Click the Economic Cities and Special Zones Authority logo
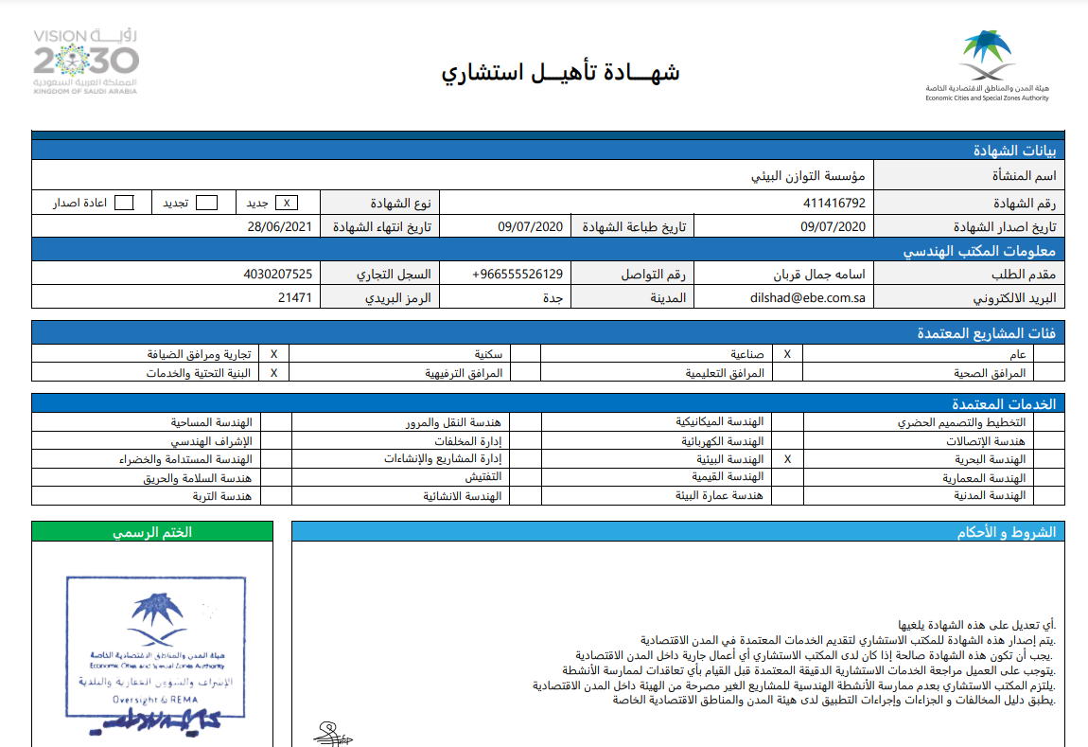click(988, 64)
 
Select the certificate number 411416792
click(834, 203)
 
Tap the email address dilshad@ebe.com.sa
click(809, 297)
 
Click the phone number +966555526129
click(518, 275)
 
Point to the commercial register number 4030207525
click(277, 275)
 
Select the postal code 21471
click(294, 297)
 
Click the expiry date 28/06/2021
click(279, 226)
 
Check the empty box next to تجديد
click(206, 203)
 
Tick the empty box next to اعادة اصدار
click(124, 203)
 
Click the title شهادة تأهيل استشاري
click(560, 73)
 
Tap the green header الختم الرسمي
click(152, 532)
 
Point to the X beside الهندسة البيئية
click(788, 458)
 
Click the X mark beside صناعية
click(788, 354)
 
